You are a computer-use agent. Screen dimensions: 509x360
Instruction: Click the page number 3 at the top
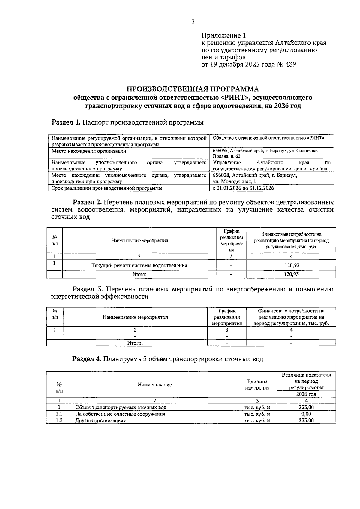193,22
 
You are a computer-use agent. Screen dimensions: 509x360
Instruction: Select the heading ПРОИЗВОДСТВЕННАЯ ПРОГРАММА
193,89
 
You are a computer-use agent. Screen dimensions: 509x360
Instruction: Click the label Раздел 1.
66,122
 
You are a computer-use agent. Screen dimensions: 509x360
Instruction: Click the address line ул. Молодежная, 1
234,182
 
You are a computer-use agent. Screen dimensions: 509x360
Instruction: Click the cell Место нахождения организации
89,151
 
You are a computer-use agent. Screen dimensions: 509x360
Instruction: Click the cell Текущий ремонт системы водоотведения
139,265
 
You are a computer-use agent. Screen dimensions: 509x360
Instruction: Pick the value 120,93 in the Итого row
291,274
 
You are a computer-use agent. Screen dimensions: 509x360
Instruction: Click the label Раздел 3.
88,289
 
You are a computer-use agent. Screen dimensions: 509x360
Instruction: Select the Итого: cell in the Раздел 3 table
135,343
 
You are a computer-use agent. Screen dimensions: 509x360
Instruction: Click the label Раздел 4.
87,359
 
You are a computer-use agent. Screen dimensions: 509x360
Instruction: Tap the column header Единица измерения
257,384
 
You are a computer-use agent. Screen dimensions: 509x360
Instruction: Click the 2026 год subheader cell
306,394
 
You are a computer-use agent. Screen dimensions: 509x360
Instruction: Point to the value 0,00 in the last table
306,414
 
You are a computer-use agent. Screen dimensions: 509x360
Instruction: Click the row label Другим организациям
101,420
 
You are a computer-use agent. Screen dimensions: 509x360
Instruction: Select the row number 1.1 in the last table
59,414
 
